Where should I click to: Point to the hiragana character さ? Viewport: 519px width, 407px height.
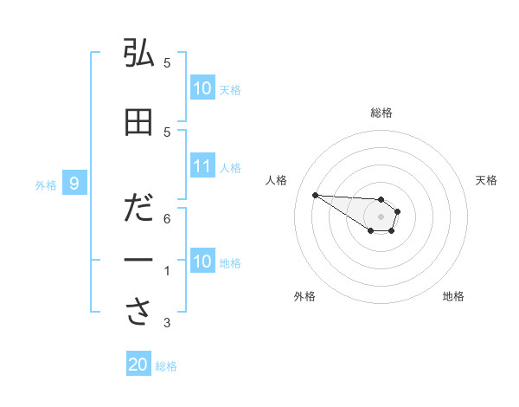[x=138, y=313]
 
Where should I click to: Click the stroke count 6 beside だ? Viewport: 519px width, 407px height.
[x=167, y=219]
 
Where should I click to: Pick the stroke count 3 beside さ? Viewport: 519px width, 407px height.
[x=167, y=324]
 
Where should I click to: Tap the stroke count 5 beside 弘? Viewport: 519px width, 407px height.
[x=167, y=63]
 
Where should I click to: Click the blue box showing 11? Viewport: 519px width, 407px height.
[x=202, y=166]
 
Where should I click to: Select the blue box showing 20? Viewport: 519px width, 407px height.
[x=138, y=365]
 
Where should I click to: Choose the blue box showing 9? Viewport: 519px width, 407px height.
[x=75, y=183]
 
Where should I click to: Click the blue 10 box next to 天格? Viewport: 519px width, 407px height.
[x=202, y=88]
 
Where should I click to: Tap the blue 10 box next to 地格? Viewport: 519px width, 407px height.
[x=202, y=262]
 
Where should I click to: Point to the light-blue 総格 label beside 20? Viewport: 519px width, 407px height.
[x=166, y=365]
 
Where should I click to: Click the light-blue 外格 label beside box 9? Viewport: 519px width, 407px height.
[x=46, y=184]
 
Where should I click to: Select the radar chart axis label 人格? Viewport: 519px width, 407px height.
[x=277, y=180]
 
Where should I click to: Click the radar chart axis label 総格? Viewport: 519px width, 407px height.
[x=381, y=113]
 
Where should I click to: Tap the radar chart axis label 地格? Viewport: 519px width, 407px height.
[x=453, y=296]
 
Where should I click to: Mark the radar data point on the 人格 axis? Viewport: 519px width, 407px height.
[x=315, y=195]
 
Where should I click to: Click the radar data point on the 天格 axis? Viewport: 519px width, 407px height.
[x=398, y=210]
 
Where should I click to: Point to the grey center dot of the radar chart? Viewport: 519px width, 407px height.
[x=381, y=216]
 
